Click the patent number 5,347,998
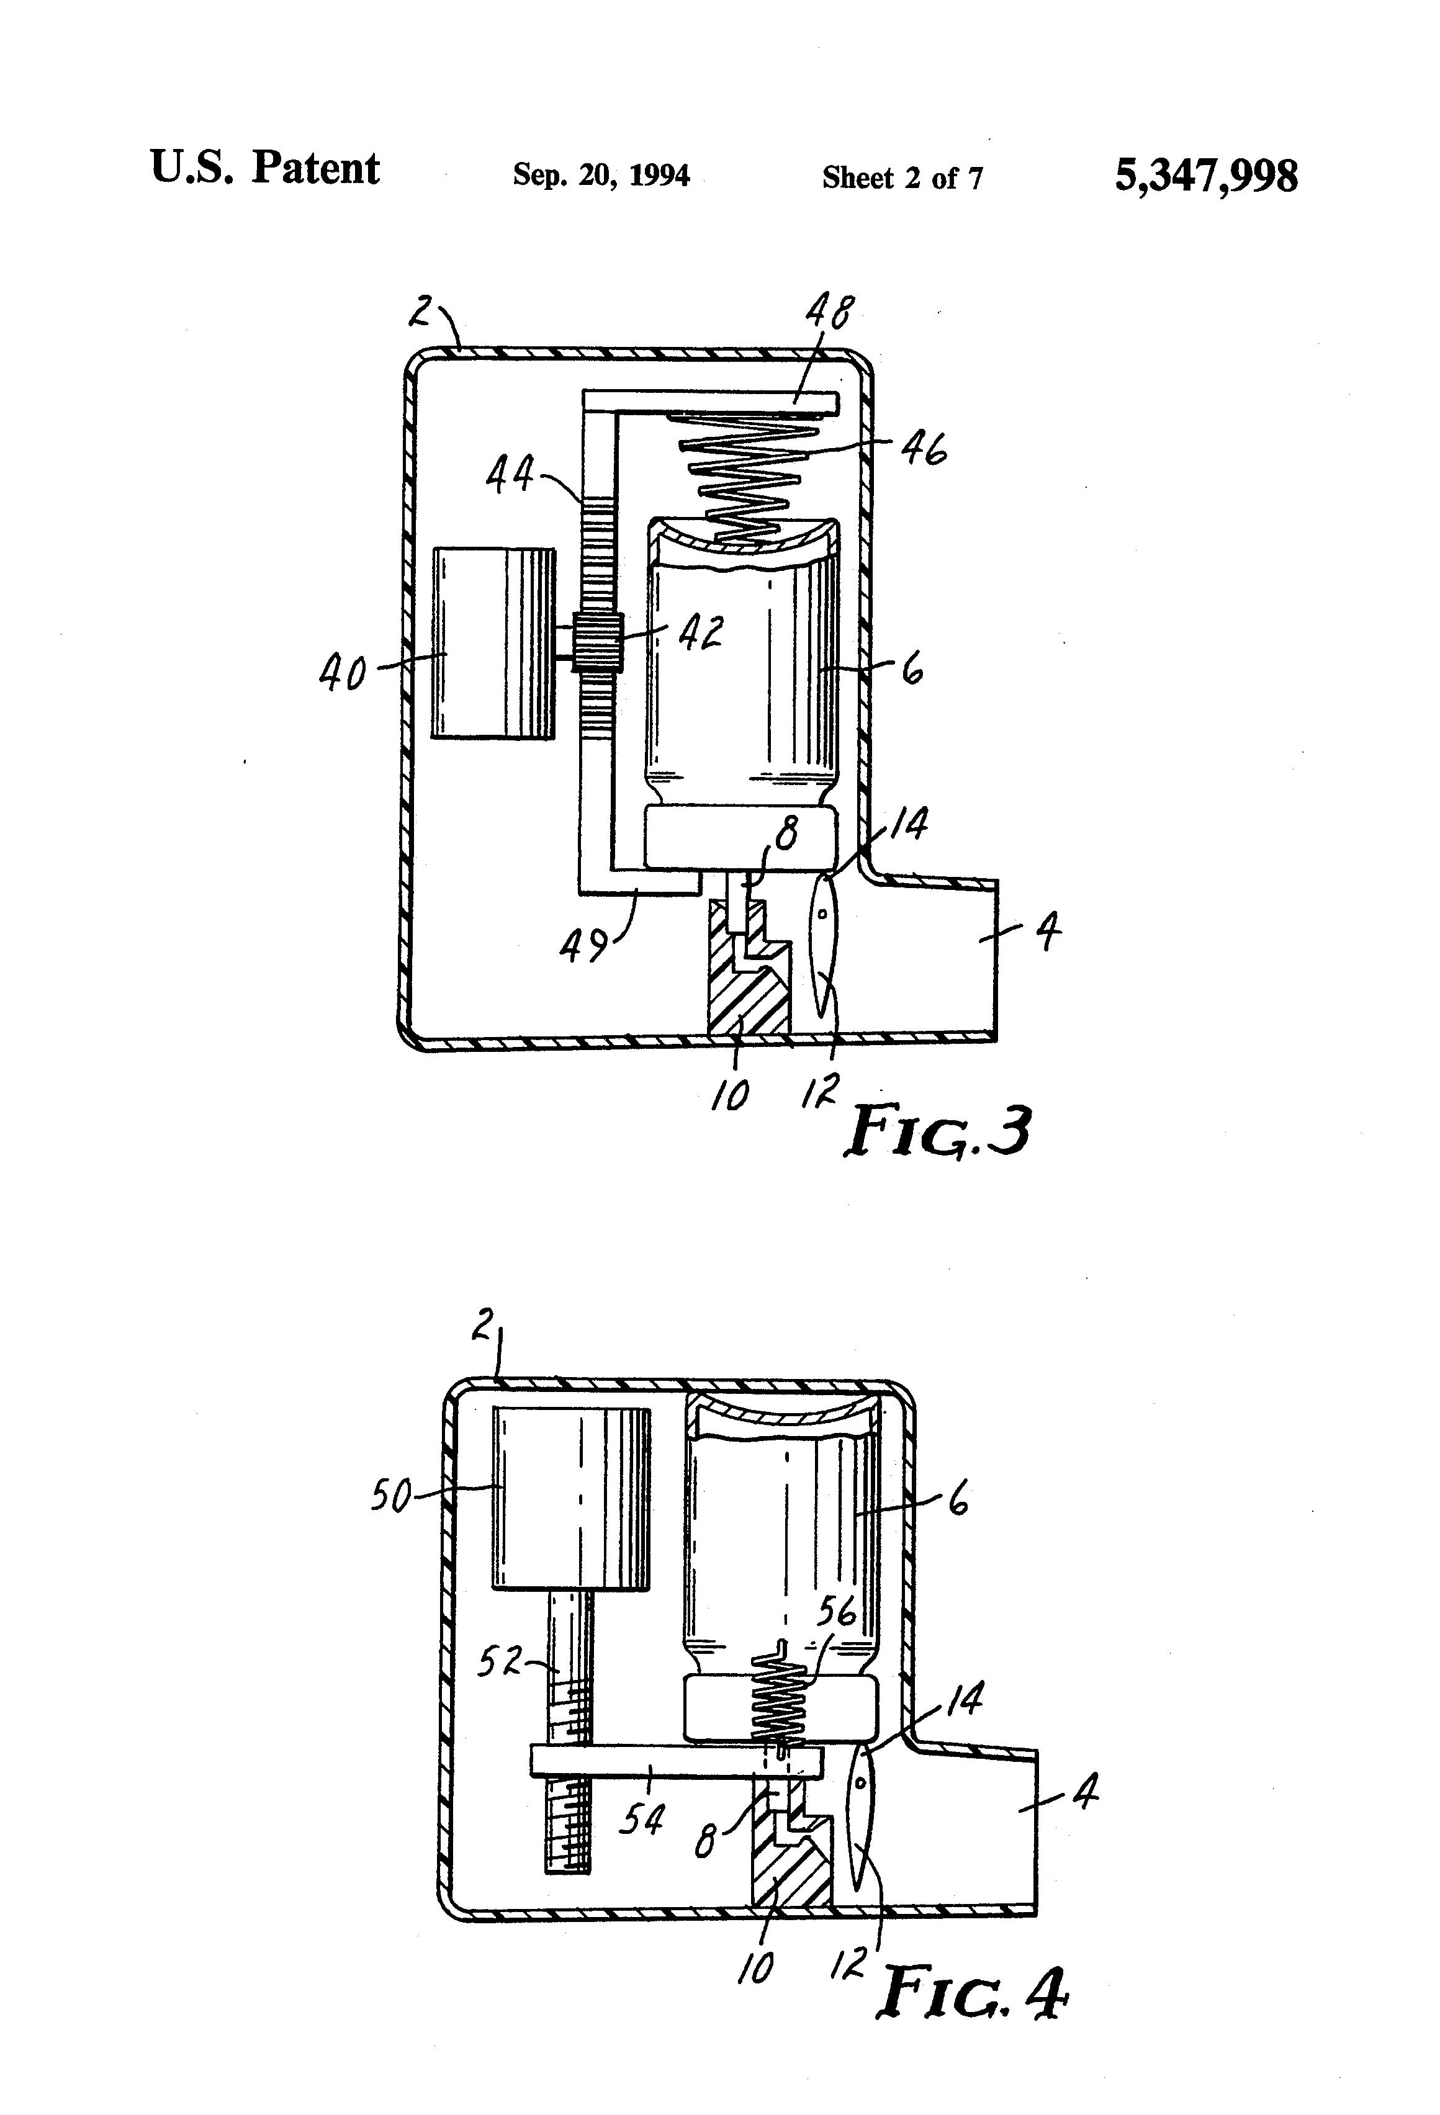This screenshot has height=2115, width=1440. [x=1205, y=175]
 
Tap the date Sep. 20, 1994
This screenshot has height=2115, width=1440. [x=601, y=174]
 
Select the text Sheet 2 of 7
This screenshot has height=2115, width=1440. [x=902, y=177]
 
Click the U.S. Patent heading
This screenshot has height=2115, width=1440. [x=264, y=168]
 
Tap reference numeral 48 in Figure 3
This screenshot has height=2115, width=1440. [x=827, y=315]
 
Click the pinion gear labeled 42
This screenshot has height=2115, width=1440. [x=597, y=642]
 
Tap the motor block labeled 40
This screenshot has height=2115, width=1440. [x=492, y=642]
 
